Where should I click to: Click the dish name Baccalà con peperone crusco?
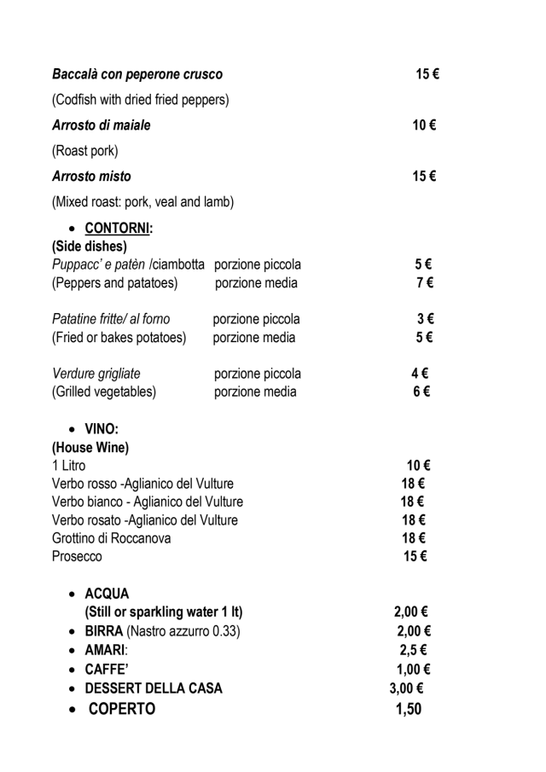137,75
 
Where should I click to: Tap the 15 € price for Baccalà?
427,75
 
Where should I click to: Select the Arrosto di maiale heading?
102,125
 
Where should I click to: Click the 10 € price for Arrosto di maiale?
424,125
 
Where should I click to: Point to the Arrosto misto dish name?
91,177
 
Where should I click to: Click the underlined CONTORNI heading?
113,229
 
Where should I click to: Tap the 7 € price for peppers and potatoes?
424,282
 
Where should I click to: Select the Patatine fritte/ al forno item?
111,319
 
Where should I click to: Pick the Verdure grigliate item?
96,374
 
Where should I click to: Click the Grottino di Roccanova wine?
112,538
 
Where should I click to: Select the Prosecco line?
77,556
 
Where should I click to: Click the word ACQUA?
107,594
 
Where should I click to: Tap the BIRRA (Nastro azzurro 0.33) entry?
162,631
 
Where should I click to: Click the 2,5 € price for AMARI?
412,650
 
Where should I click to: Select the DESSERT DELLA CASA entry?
154,688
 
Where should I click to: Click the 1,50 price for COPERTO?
409,709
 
